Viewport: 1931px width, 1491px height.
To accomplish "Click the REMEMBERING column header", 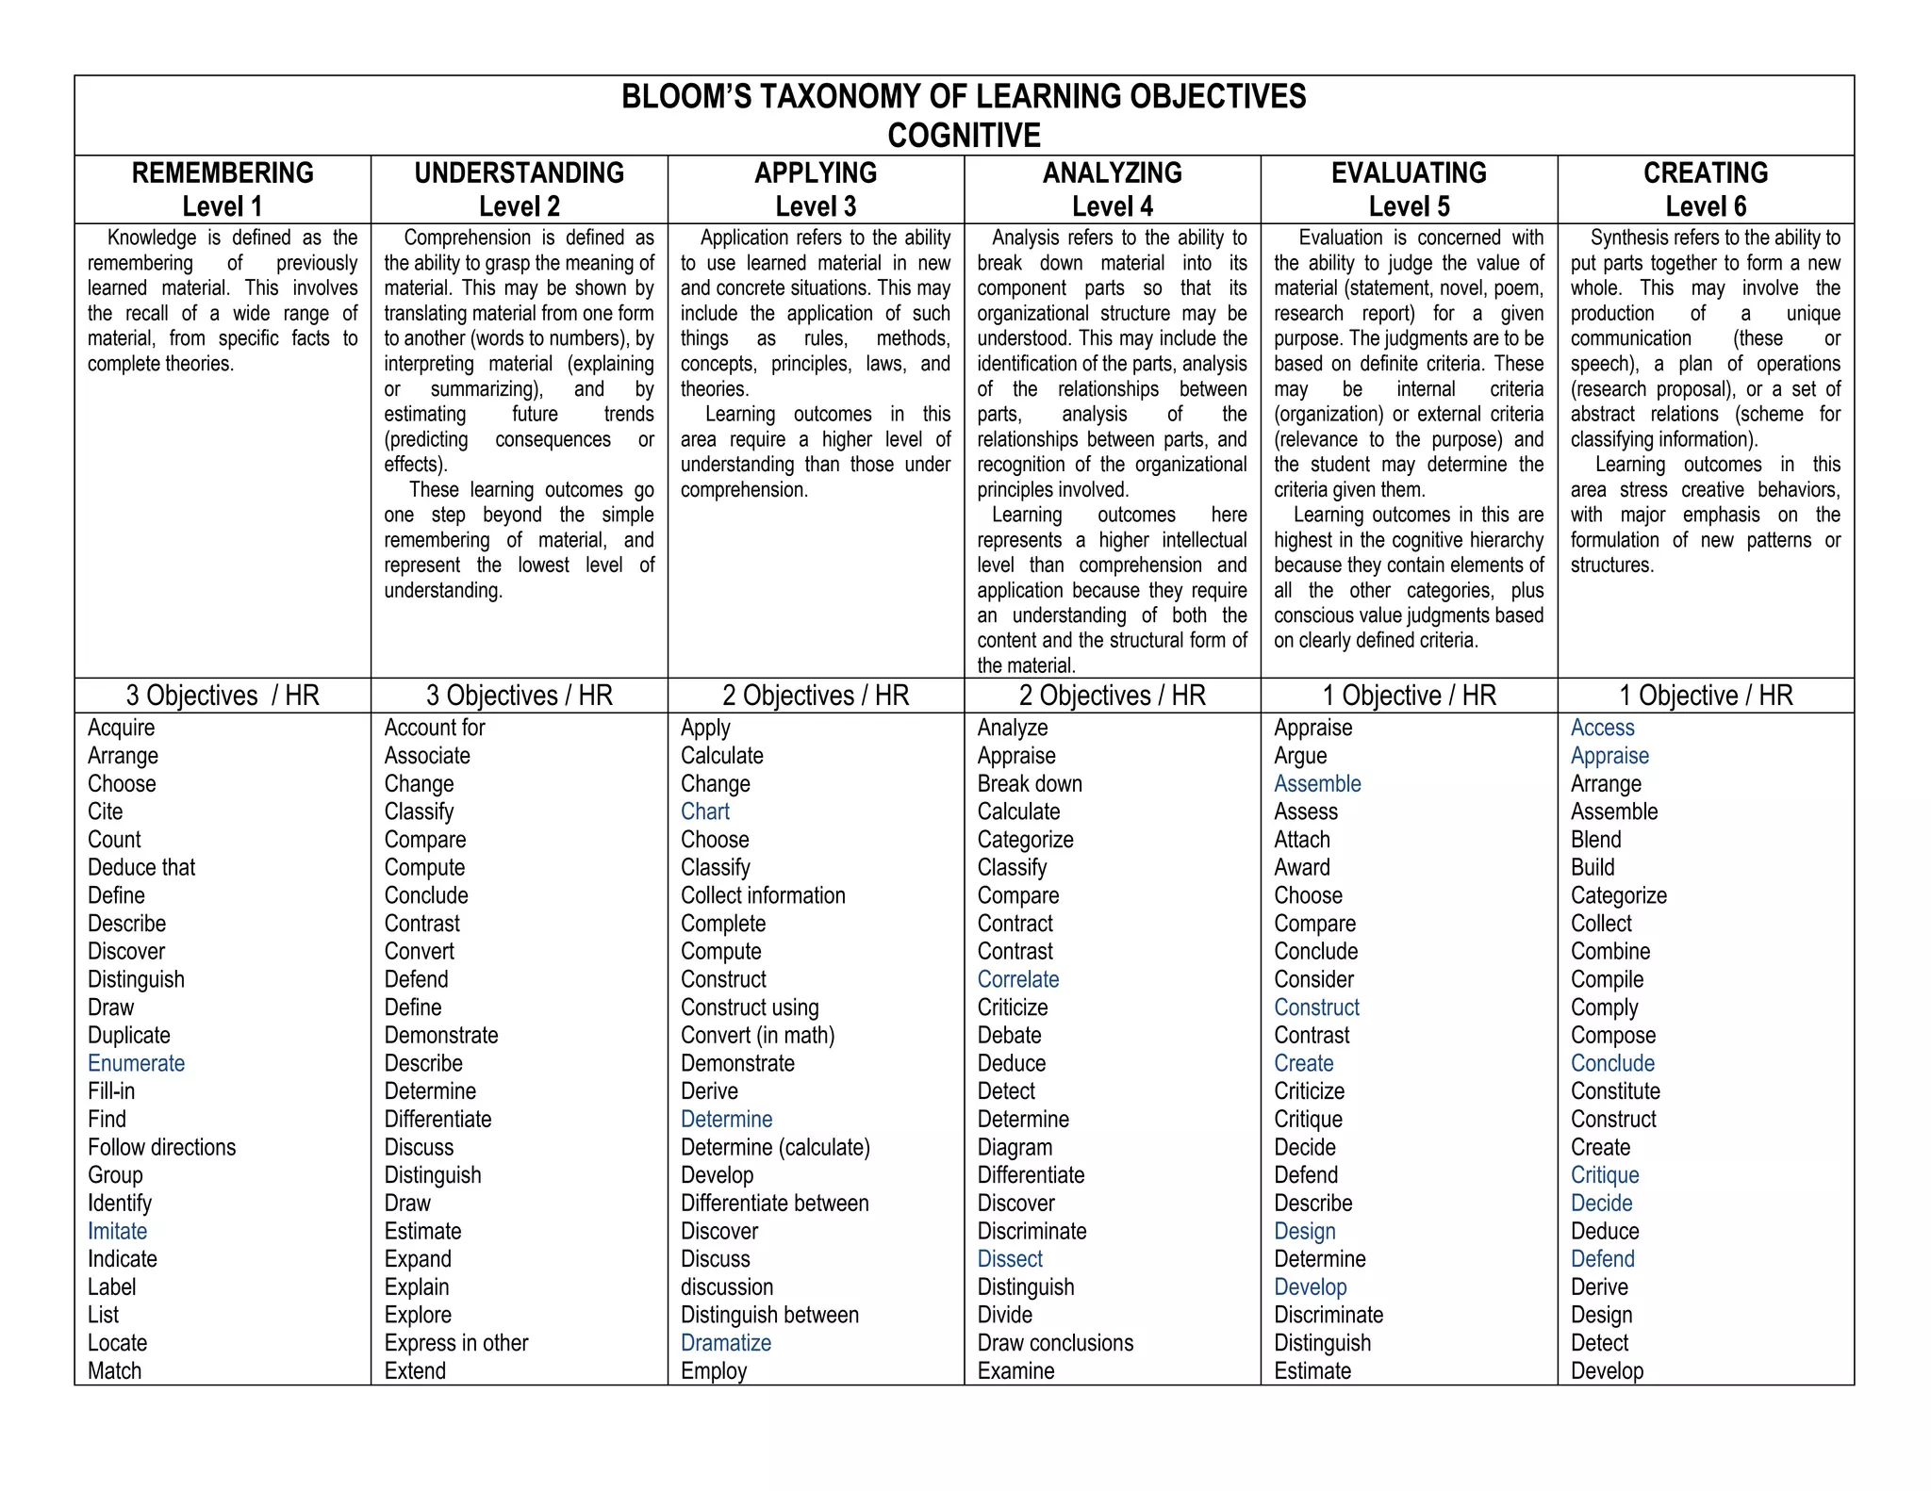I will (223, 173).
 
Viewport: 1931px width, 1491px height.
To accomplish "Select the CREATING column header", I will (1705, 173).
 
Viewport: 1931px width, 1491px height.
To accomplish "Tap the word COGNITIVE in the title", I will (964, 136).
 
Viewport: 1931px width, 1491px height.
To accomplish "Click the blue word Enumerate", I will (136, 1063).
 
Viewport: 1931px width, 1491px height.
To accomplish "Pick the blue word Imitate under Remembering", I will (117, 1231).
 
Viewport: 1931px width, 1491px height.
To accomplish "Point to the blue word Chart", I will (704, 811).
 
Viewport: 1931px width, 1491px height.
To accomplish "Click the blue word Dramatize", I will (725, 1343).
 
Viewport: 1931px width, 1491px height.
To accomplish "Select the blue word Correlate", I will (1017, 979).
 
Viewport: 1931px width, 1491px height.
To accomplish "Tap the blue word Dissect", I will (1010, 1259).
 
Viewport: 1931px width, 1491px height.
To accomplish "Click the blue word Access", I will (1602, 728).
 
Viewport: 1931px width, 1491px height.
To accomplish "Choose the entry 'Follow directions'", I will (161, 1147).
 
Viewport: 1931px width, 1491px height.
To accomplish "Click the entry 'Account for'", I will (434, 728).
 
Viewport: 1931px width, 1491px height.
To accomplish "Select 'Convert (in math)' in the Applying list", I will (757, 1035).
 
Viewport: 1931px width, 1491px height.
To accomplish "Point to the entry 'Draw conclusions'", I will (1055, 1343).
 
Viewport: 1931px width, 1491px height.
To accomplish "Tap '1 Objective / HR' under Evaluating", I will (1409, 696).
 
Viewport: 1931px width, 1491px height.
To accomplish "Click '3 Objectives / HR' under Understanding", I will (519, 696).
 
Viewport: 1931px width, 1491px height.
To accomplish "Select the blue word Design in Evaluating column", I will (1304, 1231).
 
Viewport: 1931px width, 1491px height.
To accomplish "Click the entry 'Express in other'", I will (455, 1343).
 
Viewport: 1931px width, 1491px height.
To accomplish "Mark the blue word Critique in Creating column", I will (1604, 1175).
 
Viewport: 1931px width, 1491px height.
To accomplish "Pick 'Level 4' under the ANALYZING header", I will (1112, 206).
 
